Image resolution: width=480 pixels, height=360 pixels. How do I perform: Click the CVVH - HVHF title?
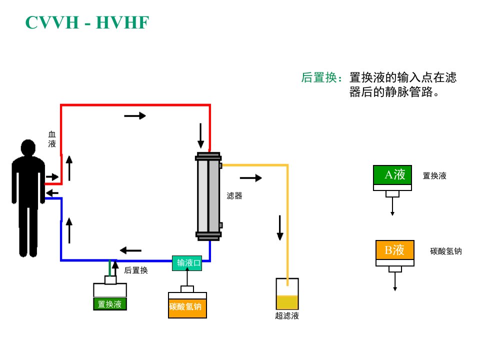pyautogui.click(x=87, y=22)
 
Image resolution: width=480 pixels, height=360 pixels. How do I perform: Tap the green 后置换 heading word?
pyautogui.click(x=319, y=77)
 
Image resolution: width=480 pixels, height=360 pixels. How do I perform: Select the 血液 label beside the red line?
pyautogui.click(x=52, y=139)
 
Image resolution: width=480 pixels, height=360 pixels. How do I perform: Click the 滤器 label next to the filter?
pyautogui.click(x=234, y=196)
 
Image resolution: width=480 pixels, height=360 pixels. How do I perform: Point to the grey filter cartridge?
pyautogui.click(x=208, y=196)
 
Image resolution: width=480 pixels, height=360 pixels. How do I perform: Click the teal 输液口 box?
pyautogui.click(x=187, y=263)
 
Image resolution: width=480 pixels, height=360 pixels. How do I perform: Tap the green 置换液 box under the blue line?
pyautogui.click(x=110, y=304)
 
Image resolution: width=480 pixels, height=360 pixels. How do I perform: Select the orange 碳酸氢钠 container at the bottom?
pyautogui.click(x=187, y=308)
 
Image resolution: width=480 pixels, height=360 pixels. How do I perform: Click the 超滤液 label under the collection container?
pyautogui.click(x=287, y=315)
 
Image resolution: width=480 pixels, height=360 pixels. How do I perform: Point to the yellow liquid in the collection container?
pyautogui.click(x=287, y=302)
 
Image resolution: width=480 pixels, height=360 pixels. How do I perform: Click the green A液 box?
pyautogui.click(x=392, y=175)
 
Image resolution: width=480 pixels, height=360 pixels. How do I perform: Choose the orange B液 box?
pyautogui.click(x=395, y=250)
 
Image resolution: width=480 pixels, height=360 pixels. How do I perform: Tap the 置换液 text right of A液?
pyautogui.click(x=434, y=175)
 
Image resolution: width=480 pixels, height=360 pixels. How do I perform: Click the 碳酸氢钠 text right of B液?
pyautogui.click(x=446, y=251)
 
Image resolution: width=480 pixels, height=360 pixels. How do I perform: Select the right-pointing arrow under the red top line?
pyautogui.click(x=135, y=115)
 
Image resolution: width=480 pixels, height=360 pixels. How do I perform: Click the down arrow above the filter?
pyautogui.click(x=200, y=135)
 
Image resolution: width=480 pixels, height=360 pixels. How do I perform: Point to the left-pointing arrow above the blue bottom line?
pyautogui.click(x=130, y=250)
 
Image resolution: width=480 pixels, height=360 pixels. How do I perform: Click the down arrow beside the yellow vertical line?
pyautogui.click(x=280, y=228)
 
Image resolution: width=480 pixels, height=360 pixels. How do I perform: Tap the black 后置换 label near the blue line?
pyautogui.click(x=136, y=270)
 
